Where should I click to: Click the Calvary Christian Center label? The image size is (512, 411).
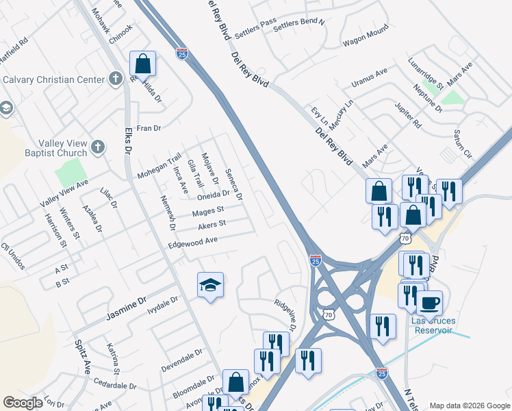(52, 79)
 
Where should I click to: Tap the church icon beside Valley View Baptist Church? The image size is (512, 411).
(98, 146)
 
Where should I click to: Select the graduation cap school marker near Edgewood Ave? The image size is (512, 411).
(210, 285)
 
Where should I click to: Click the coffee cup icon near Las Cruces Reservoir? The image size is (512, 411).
(429, 302)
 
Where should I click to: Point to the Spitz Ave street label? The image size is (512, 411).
(83, 356)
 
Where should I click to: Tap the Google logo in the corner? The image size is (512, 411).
(23, 403)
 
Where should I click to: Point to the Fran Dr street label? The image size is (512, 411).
(148, 128)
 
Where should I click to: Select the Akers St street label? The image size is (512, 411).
(212, 224)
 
